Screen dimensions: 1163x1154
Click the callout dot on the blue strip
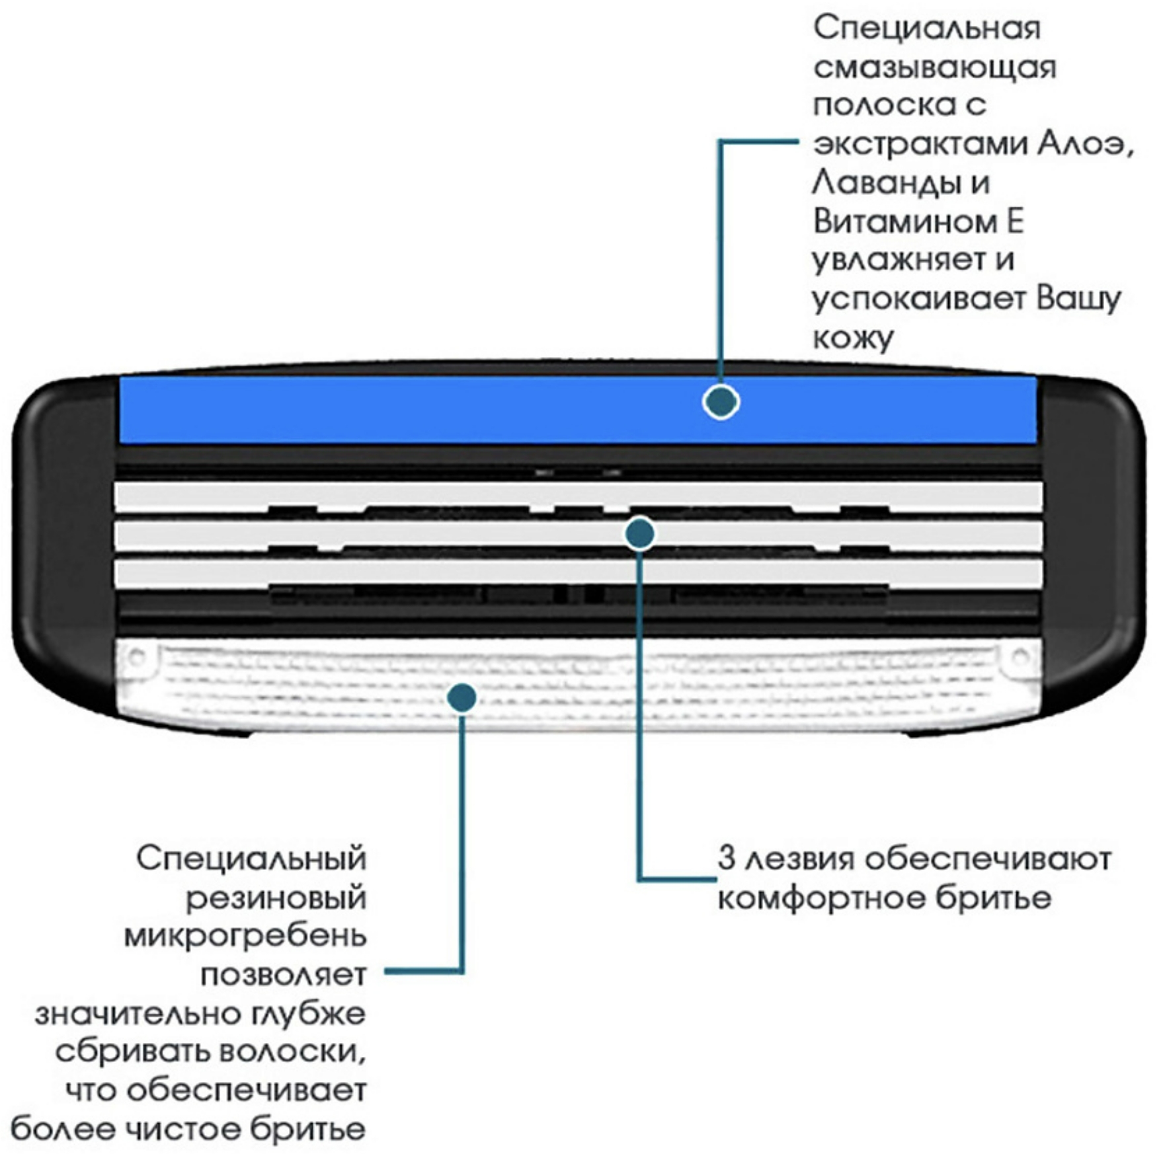721,402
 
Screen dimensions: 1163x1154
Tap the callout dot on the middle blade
639,533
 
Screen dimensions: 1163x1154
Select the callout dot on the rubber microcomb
461,697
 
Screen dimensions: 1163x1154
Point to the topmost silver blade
397,495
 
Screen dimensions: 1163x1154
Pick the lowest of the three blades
397,572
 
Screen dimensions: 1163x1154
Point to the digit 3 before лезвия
727,859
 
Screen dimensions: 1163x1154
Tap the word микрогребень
245,936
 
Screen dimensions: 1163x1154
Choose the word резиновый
276,898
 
